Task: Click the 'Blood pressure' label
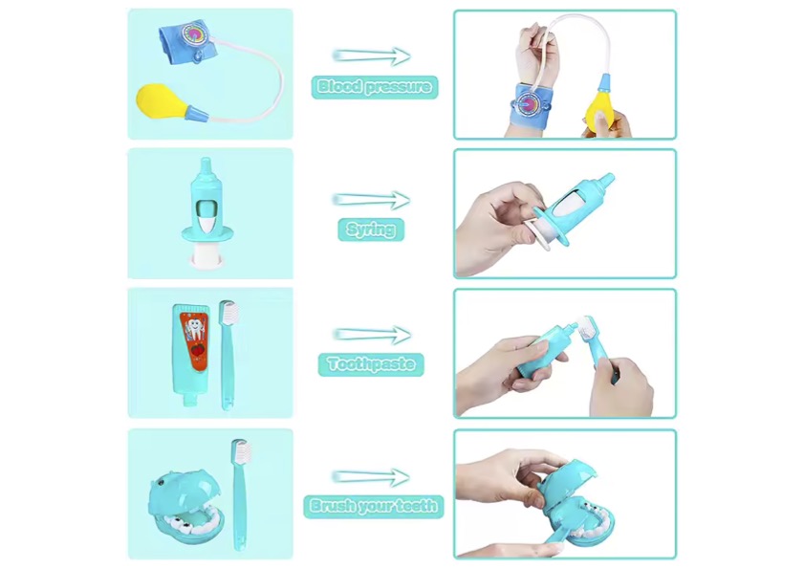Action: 375,86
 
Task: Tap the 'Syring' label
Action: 371,229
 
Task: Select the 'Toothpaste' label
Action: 371,364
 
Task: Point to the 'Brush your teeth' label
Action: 373,507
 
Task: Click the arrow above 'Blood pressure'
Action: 372,55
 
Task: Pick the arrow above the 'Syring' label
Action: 372,200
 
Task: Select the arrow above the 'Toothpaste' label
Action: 372,335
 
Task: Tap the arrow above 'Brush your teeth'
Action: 372,476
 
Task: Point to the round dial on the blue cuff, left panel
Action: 195,33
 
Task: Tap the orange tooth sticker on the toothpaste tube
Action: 195,339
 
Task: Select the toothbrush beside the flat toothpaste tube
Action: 227,355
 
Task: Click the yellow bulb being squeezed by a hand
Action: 598,110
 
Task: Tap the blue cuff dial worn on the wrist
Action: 527,104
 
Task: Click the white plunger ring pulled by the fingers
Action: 535,230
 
